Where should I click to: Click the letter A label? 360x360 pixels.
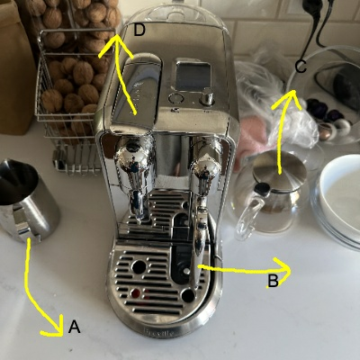pos(74,328)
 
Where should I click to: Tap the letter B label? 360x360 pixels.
pos(273,281)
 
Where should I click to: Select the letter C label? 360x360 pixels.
pos(301,67)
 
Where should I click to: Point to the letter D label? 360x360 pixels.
pos(139,31)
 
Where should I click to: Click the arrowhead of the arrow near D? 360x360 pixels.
pos(112,40)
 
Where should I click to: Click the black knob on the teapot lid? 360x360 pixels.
pos(262,189)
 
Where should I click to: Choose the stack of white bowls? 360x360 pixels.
pos(338,202)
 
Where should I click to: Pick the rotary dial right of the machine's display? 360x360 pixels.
pos(208,97)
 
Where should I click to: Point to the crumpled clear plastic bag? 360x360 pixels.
pos(270,108)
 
